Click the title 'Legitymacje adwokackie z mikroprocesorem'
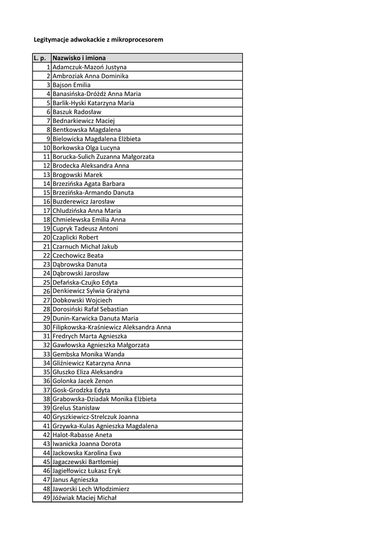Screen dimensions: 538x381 coord(98,39)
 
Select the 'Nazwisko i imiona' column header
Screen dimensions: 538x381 coord(79,58)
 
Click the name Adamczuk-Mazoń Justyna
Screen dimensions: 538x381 coord(89,67)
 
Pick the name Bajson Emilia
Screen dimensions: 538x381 coord(71,85)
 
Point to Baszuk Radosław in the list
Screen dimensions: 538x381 coord(77,112)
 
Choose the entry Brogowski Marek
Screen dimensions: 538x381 coord(78,175)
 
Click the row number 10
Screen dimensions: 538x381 coord(46,148)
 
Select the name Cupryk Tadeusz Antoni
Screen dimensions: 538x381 coord(85,229)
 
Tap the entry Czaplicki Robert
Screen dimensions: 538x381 coord(76,237)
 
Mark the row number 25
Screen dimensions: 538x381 coord(46,283)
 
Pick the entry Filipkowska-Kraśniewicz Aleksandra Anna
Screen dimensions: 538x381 coord(111,327)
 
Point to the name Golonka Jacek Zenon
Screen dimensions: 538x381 coord(83,381)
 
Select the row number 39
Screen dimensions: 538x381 coord(46,408)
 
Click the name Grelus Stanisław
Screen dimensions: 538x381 coord(76,408)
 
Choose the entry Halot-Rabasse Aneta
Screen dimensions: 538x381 coord(82,435)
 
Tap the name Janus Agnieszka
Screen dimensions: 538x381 coord(75,480)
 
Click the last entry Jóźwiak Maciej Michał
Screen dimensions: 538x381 coord(85,498)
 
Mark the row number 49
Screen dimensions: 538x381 coord(46,498)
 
